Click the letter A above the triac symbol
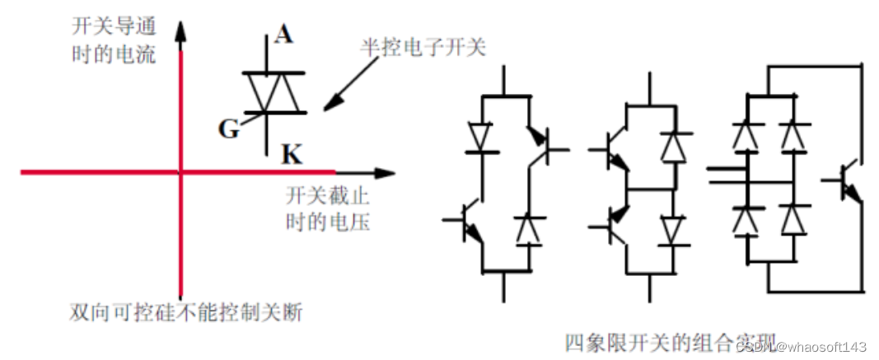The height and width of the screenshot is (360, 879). pos(284,35)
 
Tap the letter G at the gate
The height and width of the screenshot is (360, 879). pos(228,128)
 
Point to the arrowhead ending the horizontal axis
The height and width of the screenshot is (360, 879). pos(385,173)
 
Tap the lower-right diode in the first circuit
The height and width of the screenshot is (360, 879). pos(527,228)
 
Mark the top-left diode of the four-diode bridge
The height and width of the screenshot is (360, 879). pos(746,133)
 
